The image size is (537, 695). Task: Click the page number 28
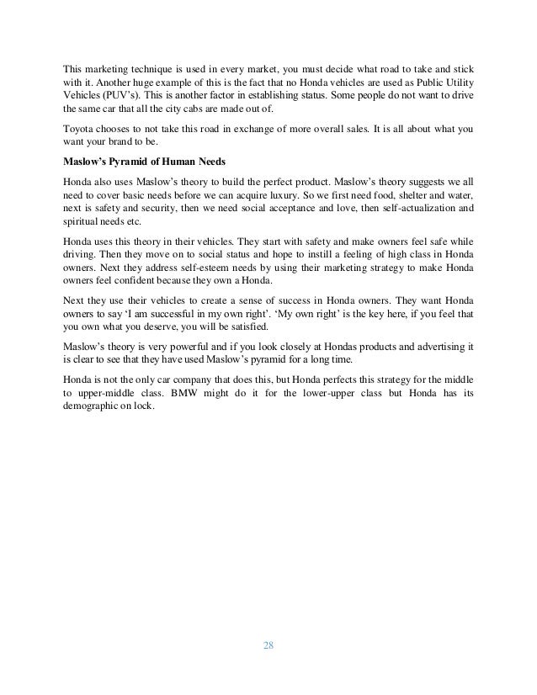point(268,645)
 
